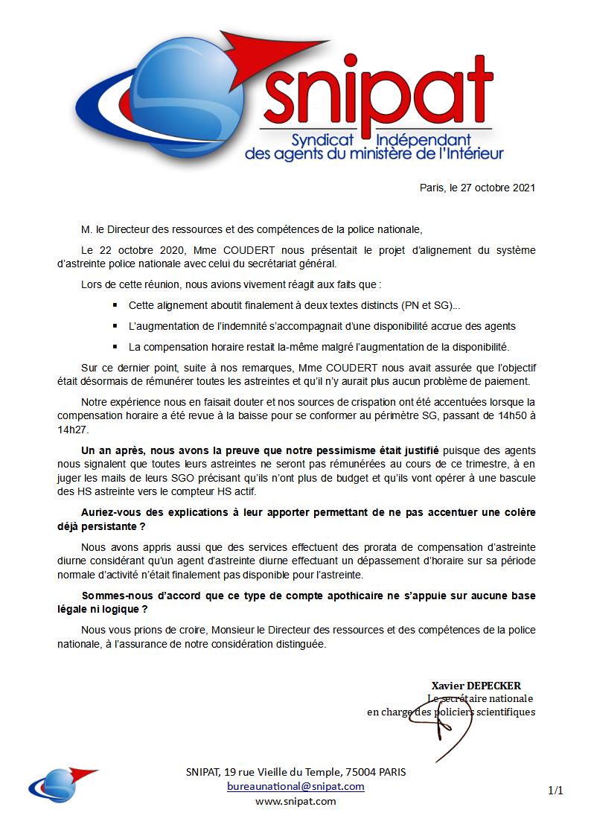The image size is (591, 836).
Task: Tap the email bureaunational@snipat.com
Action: (295, 786)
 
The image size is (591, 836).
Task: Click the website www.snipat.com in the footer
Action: (295, 801)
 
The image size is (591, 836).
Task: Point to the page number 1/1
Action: (555, 791)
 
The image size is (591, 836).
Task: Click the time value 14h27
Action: (72, 430)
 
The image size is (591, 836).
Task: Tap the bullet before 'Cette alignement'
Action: (115, 306)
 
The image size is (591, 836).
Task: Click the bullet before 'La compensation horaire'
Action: (115, 347)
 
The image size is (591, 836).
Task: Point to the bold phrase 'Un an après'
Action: (115, 450)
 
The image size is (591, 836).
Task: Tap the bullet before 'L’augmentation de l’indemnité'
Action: (115, 327)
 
